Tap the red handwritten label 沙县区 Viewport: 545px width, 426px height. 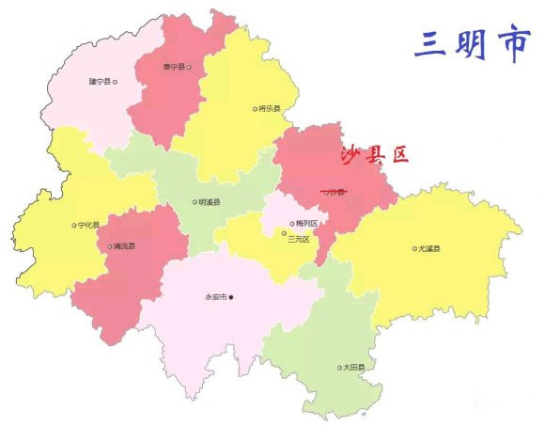click(x=374, y=156)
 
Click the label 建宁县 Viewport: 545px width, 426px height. click(x=99, y=82)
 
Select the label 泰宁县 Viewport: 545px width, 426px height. click(x=173, y=67)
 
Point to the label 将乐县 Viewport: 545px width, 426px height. click(x=270, y=108)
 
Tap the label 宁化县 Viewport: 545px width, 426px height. click(x=89, y=225)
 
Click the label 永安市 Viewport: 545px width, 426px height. click(x=215, y=297)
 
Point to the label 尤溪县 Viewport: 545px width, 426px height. click(x=428, y=248)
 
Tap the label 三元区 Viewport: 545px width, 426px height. click(x=299, y=239)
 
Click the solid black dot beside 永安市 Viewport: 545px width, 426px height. click(x=231, y=297)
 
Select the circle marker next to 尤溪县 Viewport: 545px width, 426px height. click(x=413, y=248)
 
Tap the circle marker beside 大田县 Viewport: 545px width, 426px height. click(x=339, y=368)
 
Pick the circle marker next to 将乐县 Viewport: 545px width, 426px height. click(x=254, y=108)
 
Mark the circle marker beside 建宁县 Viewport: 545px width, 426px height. click(x=115, y=82)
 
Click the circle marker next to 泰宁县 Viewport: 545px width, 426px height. click(x=189, y=67)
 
